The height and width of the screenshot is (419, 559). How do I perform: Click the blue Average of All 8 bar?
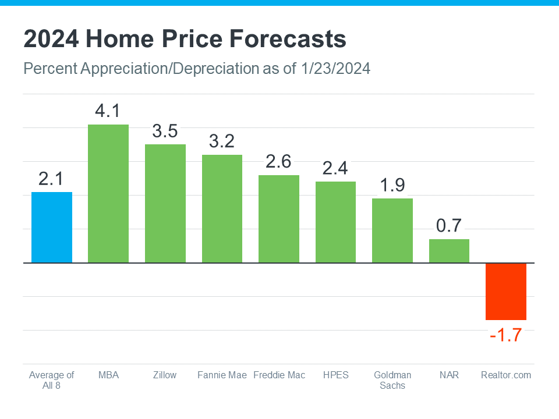[x=52, y=228]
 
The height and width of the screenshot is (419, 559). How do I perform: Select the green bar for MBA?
[x=108, y=194]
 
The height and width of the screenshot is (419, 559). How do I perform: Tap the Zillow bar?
[x=165, y=204]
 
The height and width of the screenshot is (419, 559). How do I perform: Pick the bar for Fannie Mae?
[x=222, y=209]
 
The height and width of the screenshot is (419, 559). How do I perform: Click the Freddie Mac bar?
[x=279, y=219]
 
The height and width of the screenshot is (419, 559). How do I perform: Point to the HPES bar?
[x=335, y=222]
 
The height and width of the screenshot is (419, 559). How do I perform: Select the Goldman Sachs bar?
[x=392, y=230]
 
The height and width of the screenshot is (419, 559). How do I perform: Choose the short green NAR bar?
[x=449, y=251]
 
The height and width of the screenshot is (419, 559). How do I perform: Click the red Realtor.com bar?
[x=506, y=292]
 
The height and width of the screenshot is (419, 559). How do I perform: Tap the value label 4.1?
[x=108, y=111]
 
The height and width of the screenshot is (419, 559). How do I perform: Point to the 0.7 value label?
[x=449, y=225]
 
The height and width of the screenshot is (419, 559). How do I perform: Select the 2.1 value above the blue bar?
[x=52, y=179]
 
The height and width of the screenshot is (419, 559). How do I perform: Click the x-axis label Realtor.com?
[x=506, y=375]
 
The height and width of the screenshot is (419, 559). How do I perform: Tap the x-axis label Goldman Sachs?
[x=392, y=380]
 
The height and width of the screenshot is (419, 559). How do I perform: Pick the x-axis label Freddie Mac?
[x=279, y=375]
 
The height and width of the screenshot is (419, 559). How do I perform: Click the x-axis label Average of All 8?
[x=52, y=380]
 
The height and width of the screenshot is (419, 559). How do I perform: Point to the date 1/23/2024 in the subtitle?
[x=336, y=69]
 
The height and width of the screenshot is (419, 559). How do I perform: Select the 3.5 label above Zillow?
[x=165, y=131]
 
